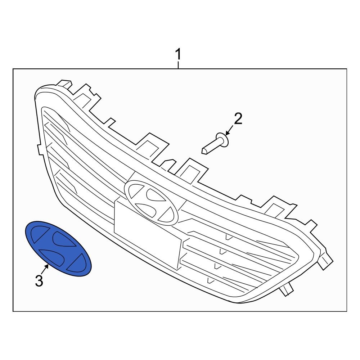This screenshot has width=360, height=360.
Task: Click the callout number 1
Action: coord(178,55)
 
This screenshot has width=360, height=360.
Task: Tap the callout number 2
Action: coord(238,118)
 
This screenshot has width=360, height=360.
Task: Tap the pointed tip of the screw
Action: coord(204,150)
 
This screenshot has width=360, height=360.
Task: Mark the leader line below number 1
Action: coord(178,65)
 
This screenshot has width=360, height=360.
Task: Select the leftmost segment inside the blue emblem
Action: coord(36,235)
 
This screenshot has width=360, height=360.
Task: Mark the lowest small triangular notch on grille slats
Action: coord(211,280)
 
